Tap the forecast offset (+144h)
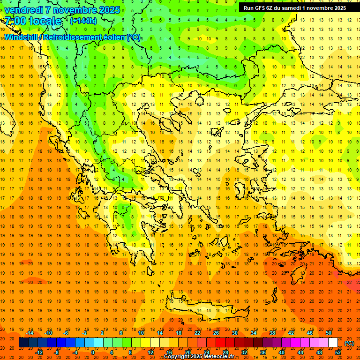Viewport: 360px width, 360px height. pos(83,21)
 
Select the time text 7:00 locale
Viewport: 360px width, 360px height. pos(33,21)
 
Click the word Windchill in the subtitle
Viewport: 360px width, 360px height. pos(22,37)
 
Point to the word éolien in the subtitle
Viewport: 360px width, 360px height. pos(112,37)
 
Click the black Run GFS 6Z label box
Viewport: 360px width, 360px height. pos(295,7)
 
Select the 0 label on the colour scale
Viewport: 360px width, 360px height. pos(93,352)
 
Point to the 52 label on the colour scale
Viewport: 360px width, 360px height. pos(338,352)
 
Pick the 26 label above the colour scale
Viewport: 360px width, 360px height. pos(216,333)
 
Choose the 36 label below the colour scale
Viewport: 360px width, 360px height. pos(262,352)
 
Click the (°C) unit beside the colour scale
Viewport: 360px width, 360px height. pos(349,343)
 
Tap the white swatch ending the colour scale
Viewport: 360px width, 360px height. pos(333,343)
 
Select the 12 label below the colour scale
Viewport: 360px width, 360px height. pos(150,352)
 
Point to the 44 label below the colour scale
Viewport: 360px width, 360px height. pos(300,352)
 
